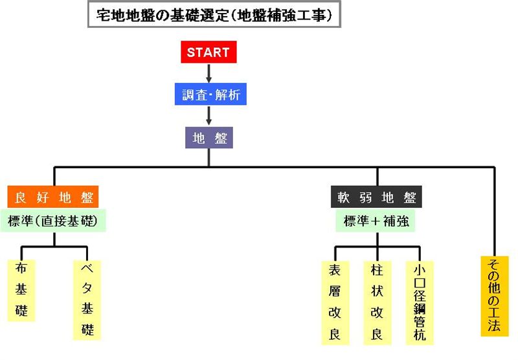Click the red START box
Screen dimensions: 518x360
coord(208,52)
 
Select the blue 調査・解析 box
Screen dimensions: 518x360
coord(210,94)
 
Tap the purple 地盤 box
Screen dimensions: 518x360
coord(208,137)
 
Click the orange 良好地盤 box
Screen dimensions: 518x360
coord(53,197)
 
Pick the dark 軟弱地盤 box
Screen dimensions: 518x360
coord(376,197)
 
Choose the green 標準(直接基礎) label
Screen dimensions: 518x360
coord(53,221)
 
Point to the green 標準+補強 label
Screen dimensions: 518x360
coord(376,221)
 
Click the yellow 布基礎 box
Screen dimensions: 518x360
coord(21,290)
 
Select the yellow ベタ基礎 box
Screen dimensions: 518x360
coord(87,300)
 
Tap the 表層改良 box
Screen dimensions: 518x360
coord(335,303)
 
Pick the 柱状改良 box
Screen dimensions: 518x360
coord(377,303)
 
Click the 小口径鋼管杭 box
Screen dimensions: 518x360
coord(420,303)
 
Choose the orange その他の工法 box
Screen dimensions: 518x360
coord(495,297)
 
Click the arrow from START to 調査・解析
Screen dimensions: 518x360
coord(208,73)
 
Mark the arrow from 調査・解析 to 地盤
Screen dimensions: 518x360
coord(208,116)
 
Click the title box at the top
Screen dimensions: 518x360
coord(214,14)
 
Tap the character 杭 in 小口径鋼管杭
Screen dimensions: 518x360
coord(420,334)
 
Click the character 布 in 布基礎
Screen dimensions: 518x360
coord(21,268)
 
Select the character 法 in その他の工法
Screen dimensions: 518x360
coord(494,325)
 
